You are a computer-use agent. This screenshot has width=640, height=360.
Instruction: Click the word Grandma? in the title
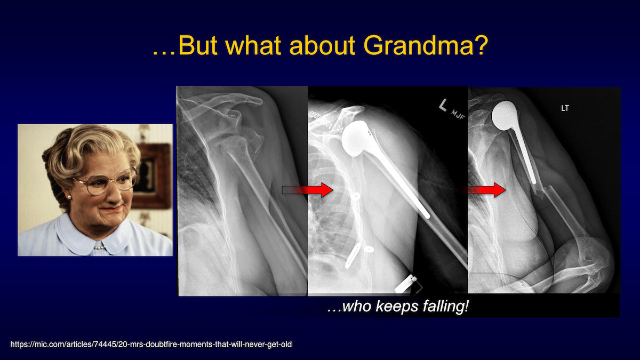point(426,46)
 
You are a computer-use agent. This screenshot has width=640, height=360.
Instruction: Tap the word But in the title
point(198,46)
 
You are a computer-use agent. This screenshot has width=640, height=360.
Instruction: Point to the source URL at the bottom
point(151,345)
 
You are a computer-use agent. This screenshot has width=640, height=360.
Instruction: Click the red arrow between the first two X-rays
point(308,190)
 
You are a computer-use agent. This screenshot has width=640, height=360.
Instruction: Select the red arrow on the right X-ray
point(484,190)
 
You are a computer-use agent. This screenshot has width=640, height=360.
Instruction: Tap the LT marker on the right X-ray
point(565,108)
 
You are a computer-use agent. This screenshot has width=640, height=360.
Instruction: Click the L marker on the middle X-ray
point(443,105)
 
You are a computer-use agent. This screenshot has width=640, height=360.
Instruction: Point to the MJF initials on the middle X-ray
point(458,115)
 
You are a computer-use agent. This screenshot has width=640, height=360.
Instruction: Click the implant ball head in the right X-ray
point(505,116)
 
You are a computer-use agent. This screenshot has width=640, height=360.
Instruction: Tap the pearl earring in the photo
point(69,197)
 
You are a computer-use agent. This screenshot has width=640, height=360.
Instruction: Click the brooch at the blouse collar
point(99,247)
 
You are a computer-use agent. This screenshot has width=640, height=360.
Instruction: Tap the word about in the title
point(323,46)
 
